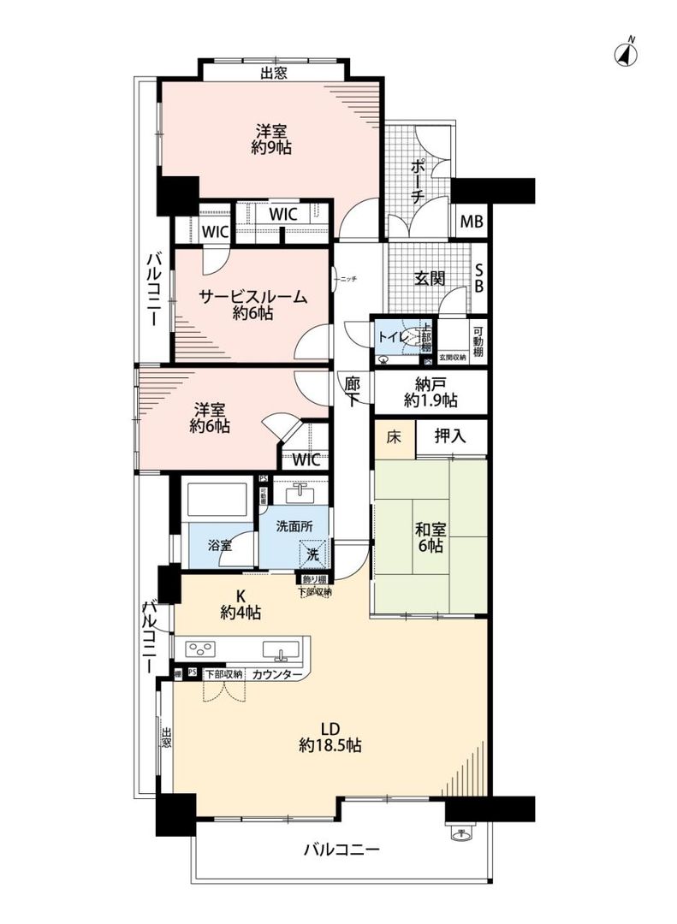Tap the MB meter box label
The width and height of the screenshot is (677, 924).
pos(472,222)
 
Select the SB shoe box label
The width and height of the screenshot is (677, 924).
pos(478,277)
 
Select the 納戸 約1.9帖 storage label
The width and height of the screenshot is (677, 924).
pos(430,392)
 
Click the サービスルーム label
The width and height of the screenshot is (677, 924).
pos(252,305)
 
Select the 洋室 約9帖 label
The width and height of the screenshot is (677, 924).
pos(270,139)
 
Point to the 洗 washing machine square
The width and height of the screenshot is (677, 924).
pos(313,554)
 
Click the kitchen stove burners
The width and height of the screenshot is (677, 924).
pos(205,649)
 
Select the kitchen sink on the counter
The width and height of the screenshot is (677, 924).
pos(281,650)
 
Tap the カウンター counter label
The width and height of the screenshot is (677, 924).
pos(277,674)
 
